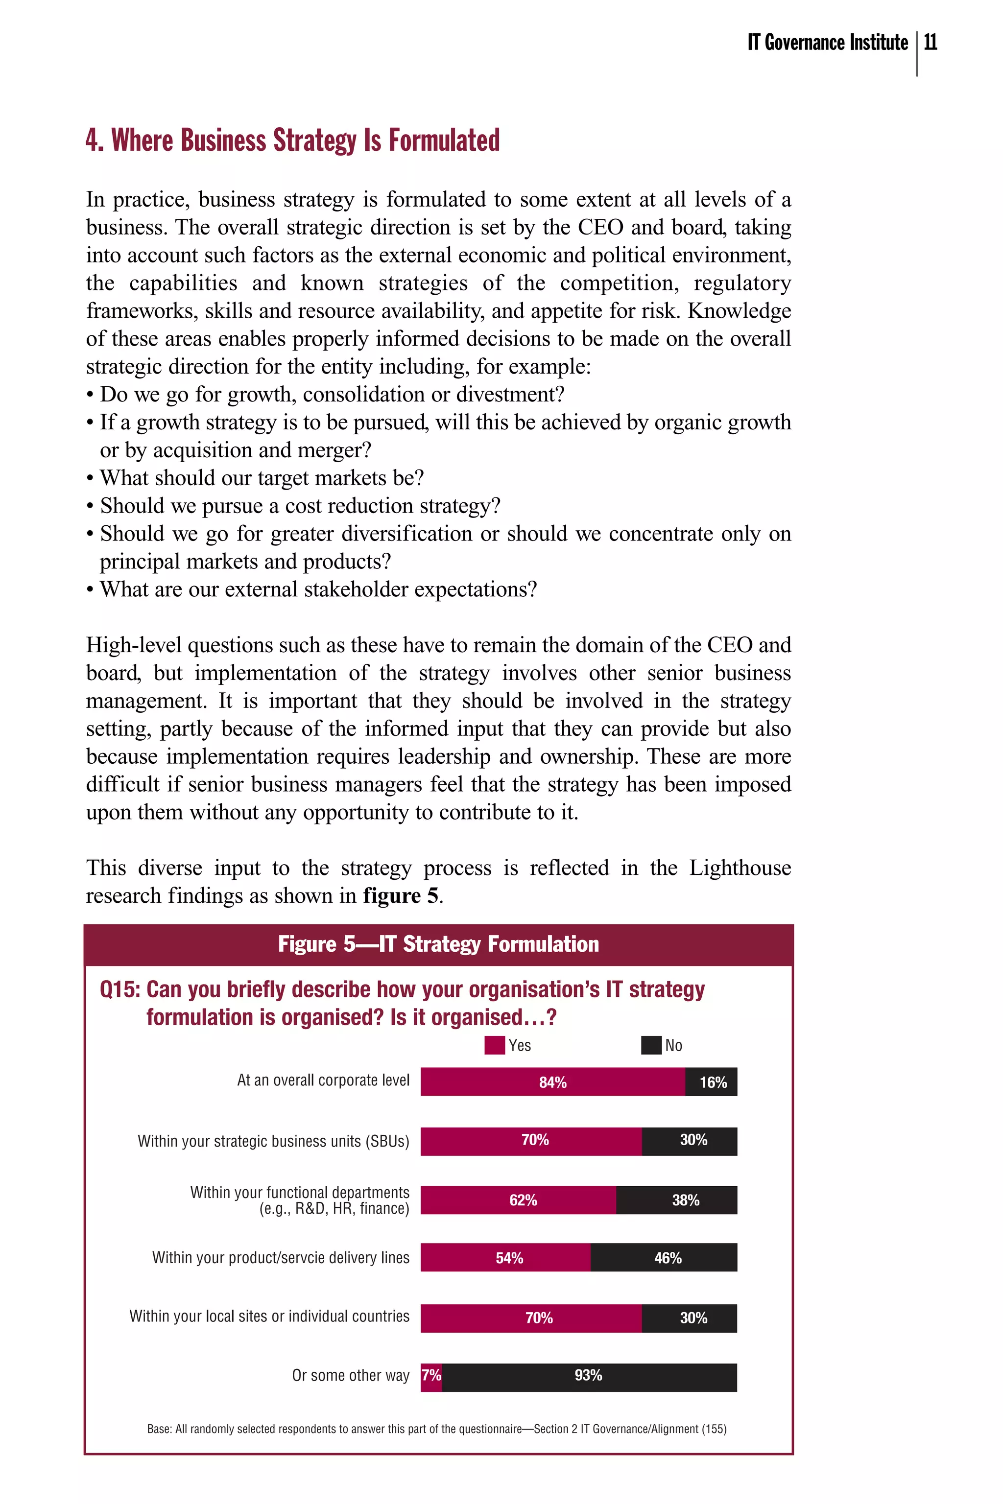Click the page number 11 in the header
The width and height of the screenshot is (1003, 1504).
(x=931, y=43)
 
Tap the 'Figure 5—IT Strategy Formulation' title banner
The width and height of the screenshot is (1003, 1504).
(x=438, y=944)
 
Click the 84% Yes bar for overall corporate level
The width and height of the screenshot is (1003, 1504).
(x=552, y=1082)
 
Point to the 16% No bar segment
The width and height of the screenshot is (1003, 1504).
(x=711, y=1082)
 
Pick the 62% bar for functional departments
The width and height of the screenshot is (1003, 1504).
(x=518, y=1200)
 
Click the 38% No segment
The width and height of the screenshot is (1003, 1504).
(x=677, y=1200)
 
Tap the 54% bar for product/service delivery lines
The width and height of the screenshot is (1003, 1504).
(x=505, y=1258)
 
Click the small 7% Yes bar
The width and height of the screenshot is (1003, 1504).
(x=431, y=1375)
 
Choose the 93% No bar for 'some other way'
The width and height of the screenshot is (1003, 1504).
(x=589, y=1375)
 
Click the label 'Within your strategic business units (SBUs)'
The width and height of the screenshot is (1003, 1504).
(x=273, y=1141)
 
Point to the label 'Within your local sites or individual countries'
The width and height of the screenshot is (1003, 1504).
(x=269, y=1316)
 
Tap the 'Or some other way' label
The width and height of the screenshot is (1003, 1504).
(x=351, y=1375)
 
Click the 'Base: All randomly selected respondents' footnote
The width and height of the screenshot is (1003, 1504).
(x=437, y=1429)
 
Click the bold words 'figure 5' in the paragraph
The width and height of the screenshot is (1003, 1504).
(x=401, y=896)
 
